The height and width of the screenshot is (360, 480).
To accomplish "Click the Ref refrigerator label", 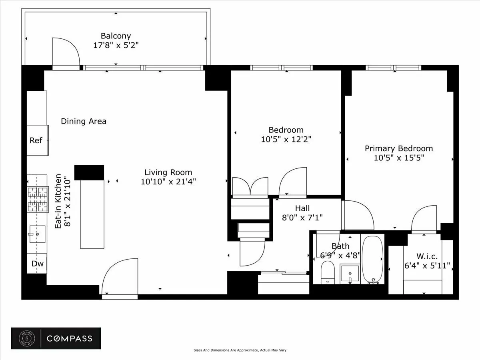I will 36,140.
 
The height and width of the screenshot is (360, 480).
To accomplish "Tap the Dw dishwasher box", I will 37,264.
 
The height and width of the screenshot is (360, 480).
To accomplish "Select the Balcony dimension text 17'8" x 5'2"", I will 116,45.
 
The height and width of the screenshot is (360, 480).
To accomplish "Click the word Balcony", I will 116,36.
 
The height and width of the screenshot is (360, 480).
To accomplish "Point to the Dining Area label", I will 84,121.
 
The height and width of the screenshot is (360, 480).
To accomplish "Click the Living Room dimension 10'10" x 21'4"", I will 168,182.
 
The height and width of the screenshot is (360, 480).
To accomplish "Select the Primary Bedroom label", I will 398,148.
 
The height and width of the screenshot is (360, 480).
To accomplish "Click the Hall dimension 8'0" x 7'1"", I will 302,218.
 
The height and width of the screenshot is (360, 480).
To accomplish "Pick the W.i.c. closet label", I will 428,256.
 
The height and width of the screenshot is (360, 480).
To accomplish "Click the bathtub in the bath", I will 372,260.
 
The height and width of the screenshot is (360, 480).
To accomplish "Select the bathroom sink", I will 350,274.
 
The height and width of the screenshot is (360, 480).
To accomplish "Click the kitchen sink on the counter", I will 38,234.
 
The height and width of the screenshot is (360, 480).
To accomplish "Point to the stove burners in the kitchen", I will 37,199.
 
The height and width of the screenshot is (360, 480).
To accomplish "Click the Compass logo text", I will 70,338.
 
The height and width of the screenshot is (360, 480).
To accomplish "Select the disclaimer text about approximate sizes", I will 240,350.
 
